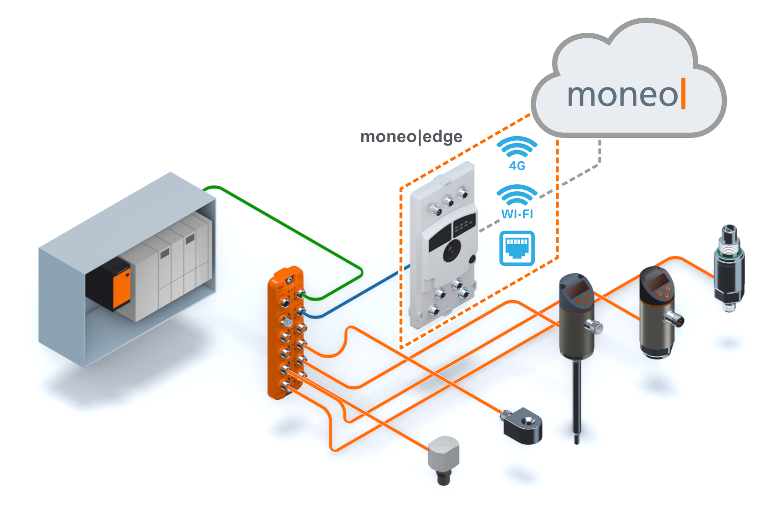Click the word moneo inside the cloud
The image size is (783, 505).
(622, 95)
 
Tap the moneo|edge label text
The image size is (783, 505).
(411, 137)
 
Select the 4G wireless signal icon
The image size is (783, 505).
(517, 149)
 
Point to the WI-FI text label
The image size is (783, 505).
(517, 214)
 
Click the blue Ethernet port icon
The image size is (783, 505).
(517, 248)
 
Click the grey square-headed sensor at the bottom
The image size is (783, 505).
(444, 456)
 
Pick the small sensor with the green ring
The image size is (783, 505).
(729, 269)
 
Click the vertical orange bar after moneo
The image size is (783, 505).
(683, 94)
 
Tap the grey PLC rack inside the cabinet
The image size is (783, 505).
(173, 267)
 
